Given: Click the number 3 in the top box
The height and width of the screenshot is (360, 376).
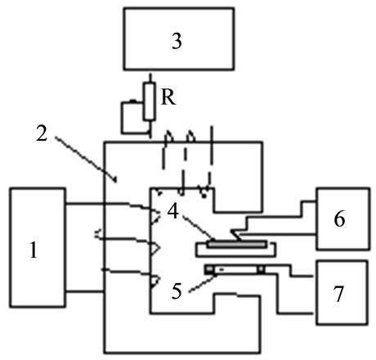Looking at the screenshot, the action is click(x=177, y=42).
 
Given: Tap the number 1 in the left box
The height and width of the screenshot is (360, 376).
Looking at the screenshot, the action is click(x=34, y=250).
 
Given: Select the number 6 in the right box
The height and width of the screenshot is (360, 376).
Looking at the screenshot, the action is click(x=339, y=219).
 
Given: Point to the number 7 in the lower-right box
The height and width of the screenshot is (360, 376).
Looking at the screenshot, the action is click(x=338, y=294).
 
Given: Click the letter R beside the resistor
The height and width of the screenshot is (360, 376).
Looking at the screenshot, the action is click(x=168, y=97).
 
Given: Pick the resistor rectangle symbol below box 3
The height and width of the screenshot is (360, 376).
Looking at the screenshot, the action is click(x=150, y=101).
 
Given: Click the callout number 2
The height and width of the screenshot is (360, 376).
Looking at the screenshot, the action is click(x=42, y=133).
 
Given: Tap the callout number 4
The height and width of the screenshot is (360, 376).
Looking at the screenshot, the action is click(x=173, y=212).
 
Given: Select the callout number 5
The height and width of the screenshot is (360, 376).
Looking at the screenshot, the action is click(x=177, y=291).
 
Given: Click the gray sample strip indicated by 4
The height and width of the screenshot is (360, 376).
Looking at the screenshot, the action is click(x=236, y=244).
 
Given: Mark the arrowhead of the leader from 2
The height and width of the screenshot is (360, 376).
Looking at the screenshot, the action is click(x=115, y=180).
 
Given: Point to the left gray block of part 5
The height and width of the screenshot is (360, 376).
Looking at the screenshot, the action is click(x=209, y=269).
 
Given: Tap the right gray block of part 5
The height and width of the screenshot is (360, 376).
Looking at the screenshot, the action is click(x=261, y=269).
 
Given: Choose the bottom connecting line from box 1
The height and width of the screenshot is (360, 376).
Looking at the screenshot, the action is click(x=85, y=292).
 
